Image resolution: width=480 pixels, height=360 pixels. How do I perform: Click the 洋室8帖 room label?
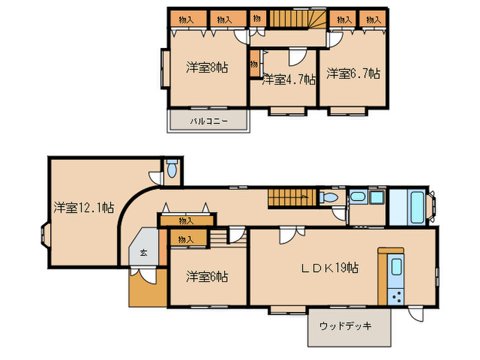(x=207, y=68)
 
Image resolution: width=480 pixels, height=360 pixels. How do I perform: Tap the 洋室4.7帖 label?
(x=288, y=80)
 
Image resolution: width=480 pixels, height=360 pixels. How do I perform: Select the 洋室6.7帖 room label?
(x=352, y=73)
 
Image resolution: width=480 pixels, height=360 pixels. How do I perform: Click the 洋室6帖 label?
(x=207, y=277)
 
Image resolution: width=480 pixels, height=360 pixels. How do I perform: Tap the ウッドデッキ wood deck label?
(x=345, y=326)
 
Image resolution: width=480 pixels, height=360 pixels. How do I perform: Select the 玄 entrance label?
(x=144, y=252)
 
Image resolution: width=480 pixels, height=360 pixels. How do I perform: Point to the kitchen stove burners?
(x=396, y=296)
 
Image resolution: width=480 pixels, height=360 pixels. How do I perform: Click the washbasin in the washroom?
(x=357, y=198)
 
